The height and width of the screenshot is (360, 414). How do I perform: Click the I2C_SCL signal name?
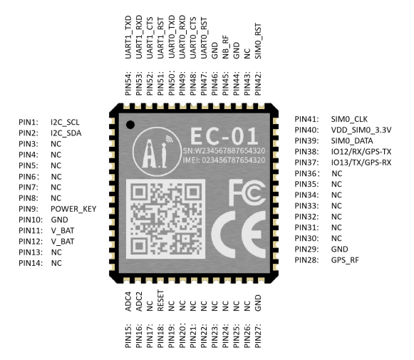tap(65, 123)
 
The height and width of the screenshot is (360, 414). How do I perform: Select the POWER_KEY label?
tap(73, 209)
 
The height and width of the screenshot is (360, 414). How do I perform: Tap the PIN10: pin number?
tap(31, 220)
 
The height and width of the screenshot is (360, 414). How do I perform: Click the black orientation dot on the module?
tap(130, 125)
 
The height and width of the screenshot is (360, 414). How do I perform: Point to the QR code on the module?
tap(165, 219)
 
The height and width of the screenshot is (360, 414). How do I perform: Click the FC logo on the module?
tap(247, 192)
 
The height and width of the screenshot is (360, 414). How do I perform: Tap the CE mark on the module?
tap(239, 235)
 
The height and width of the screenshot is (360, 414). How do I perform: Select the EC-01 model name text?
tap(224, 135)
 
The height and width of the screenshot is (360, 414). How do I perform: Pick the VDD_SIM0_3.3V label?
tap(361, 130)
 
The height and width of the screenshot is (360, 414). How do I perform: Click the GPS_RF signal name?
tap(345, 260)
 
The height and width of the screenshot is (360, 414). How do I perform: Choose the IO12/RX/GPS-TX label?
tap(361, 152)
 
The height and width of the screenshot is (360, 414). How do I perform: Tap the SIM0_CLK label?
tap(349, 119)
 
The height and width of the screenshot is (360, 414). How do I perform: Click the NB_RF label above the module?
tap(225, 47)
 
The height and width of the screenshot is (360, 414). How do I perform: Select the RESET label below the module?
tap(160, 301)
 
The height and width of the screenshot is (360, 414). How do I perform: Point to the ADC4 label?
tap(128, 302)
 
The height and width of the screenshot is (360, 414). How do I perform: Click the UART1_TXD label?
tap(128, 37)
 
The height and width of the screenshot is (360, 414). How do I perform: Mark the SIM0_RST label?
tap(258, 41)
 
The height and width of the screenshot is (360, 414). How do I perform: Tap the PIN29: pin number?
tap(306, 249)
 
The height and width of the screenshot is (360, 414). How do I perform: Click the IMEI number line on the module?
tap(224, 160)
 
